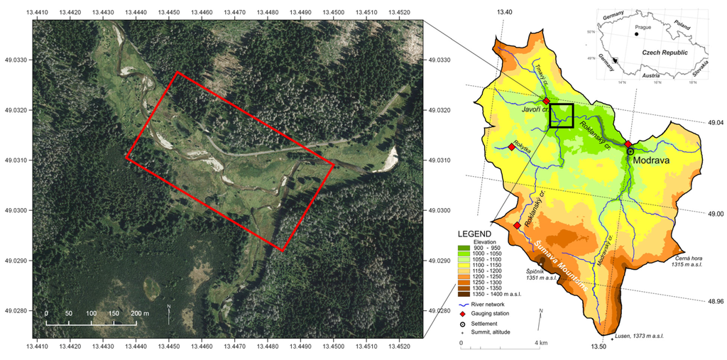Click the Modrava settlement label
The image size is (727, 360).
(653, 160)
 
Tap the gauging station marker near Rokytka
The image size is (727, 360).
(511, 147)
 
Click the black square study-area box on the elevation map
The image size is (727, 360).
(561, 116)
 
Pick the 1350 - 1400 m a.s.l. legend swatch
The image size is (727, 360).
(464, 293)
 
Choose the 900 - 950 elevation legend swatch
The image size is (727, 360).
(464, 249)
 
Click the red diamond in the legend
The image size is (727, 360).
(464, 314)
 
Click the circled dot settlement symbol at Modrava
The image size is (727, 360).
(630, 151)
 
